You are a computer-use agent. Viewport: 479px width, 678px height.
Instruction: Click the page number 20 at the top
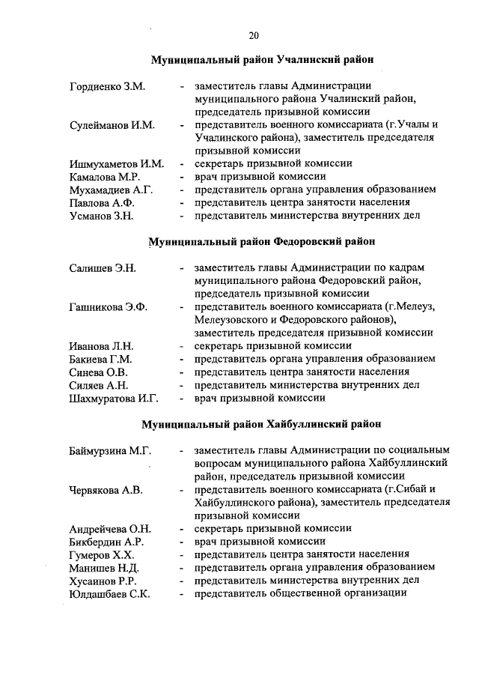pyautogui.click(x=254, y=34)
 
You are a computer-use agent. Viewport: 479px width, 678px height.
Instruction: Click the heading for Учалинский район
pyautogui.click(x=262, y=58)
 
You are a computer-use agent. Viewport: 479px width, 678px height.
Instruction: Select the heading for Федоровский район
pyautogui.click(x=262, y=241)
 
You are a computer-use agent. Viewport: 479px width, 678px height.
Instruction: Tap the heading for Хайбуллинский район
pyautogui.click(x=262, y=424)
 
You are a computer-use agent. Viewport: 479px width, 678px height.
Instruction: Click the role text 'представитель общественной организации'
pyautogui.click(x=300, y=593)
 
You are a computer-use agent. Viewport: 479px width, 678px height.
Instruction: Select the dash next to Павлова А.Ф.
pyautogui.click(x=182, y=203)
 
